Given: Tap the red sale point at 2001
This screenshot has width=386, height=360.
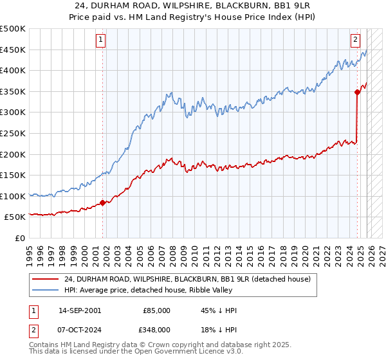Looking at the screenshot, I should pos(102,203).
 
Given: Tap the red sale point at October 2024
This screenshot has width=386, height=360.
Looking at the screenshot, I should pos(357,92).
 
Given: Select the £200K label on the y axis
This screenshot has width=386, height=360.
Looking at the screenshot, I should pos(13,154).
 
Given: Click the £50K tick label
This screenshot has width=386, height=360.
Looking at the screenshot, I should pos(15,217).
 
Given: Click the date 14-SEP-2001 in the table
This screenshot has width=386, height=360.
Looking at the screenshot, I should pos(79,310).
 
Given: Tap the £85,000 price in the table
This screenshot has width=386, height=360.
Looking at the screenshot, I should pos(156,310).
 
